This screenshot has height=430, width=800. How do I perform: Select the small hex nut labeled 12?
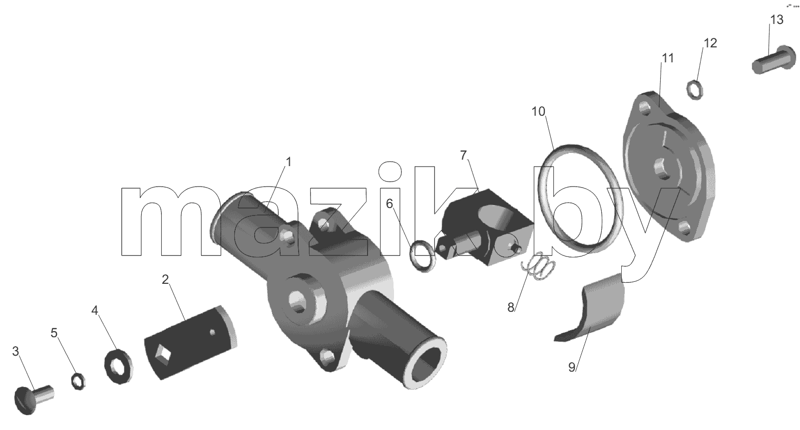(695, 90)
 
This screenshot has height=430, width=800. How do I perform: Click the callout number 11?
(668, 58)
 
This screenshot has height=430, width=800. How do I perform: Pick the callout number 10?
(538, 112)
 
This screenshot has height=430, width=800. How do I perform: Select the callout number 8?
(511, 307)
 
